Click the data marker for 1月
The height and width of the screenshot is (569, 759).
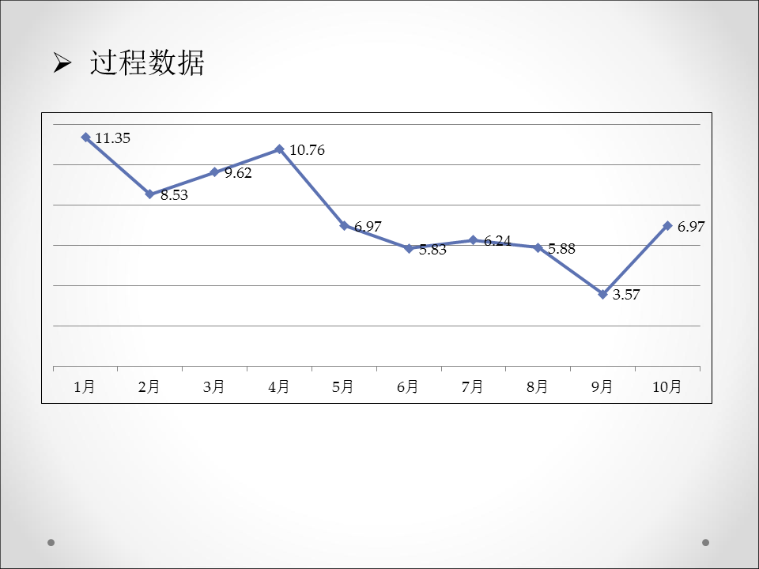(85, 138)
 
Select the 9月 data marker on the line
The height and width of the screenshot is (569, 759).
(603, 294)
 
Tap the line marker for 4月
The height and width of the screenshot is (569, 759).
(279, 149)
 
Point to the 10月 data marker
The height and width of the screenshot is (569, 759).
(668, 226)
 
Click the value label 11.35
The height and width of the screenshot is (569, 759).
(112, 138)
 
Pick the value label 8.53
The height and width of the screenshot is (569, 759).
(174, 195)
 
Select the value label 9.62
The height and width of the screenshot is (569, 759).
(238, 173)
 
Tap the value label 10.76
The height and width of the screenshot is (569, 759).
(307, 150)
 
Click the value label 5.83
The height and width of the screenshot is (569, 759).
(432, 250)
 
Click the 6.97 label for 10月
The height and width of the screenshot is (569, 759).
(691, 227)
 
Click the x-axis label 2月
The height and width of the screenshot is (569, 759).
(149, 387)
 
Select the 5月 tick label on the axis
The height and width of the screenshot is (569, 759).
(343, 387)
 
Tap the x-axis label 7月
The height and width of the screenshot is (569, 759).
(473, 387)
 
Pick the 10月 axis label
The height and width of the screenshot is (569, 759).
(667, 387)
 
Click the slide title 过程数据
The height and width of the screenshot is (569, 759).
(147, 63)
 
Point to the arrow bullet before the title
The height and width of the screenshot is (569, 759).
(62, 63)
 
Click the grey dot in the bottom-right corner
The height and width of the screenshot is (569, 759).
(706, 542)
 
